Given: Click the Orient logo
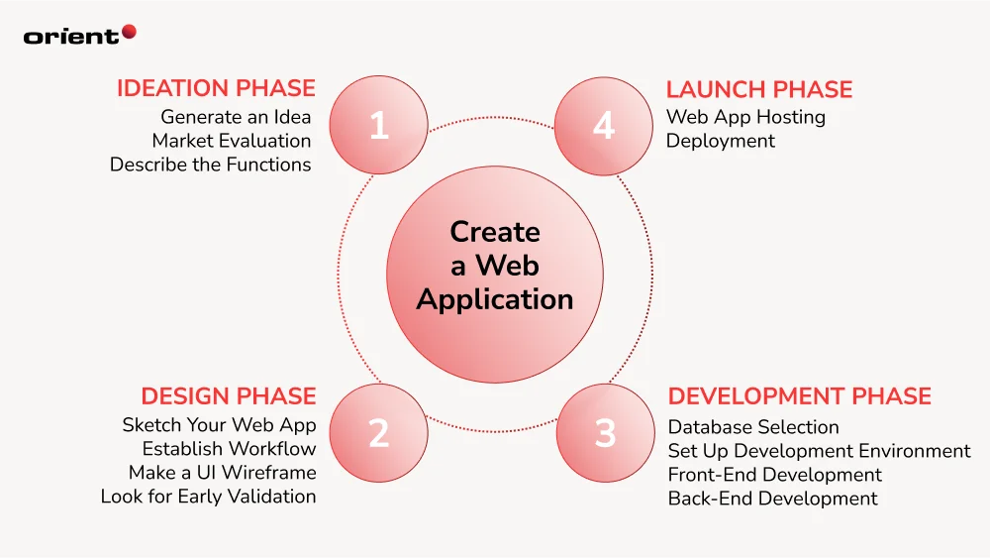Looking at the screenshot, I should tap(79, 35).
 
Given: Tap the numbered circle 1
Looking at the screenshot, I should tap(379, 126).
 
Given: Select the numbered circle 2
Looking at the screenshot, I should tap(379, 433).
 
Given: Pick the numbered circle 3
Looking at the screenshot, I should tap(606, 433).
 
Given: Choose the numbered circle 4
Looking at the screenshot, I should tap(604, 126).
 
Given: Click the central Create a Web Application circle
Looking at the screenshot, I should tap(494, 265).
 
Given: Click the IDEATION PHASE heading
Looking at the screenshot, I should tap(216, 88).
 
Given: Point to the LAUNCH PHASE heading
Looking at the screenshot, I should tap(758, 89).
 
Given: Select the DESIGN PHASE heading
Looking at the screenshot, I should tap(228, 396).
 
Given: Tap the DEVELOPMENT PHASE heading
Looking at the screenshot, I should tap(799, 396).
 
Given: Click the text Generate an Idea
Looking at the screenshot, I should tap(236, 117).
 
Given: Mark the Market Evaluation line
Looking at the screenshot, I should tap(231, 141).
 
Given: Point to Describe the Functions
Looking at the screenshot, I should tap(210, 165).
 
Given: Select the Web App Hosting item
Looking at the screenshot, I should tap(744, 117).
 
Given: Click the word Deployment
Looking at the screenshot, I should tap(720, 141).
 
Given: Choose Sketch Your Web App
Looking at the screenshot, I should tap(219, 425).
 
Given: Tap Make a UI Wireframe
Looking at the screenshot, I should tap(222, 473).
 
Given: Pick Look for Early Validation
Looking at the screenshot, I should tap(208, 497).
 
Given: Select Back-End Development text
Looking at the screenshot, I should tap(772, 499).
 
